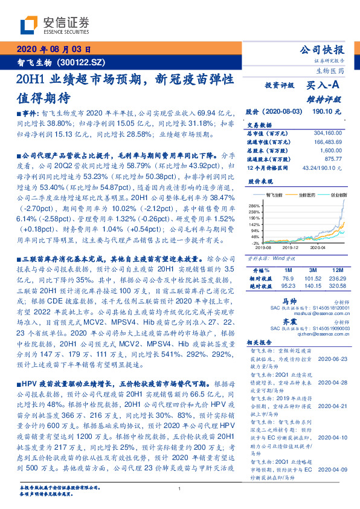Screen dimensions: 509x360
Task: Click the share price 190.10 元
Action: click(327, 112)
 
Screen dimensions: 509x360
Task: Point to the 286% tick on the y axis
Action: click(254, 207)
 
